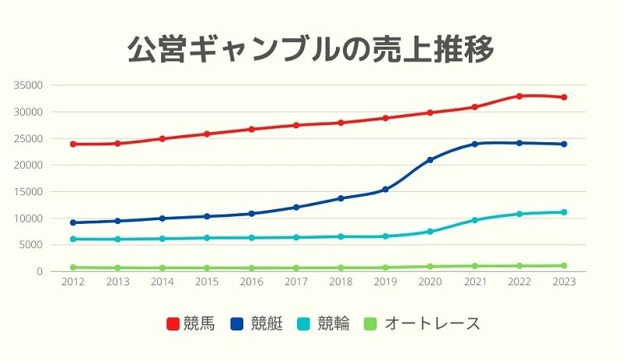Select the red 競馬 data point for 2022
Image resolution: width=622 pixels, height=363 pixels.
[x=519, y=96]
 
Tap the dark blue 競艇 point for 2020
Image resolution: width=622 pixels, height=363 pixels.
[x=430, y=160]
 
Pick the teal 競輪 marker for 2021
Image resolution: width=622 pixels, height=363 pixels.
[x=474, y=220]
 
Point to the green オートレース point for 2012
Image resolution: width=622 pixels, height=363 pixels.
[x=72, y=267]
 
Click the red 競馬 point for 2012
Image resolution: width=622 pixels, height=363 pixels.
[x=72, y=144]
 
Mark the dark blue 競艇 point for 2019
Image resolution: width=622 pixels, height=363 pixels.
[x=385, y=190]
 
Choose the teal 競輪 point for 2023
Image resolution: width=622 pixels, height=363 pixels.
[x=564, y=212]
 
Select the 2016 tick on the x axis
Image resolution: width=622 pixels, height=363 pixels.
[x=251, y=282]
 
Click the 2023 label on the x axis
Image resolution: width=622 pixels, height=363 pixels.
[x=564, y=282]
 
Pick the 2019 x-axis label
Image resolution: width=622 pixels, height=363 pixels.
[x=385, y=282]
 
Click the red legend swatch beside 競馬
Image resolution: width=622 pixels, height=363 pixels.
[x=174, y=323]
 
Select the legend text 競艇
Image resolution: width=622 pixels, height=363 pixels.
[x=267, y=323]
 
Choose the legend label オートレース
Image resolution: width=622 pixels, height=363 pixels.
[x=432, y=323]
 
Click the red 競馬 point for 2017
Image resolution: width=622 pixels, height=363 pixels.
[x=295, y=125]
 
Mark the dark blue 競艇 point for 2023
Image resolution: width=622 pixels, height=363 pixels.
[x=564, y=144]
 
